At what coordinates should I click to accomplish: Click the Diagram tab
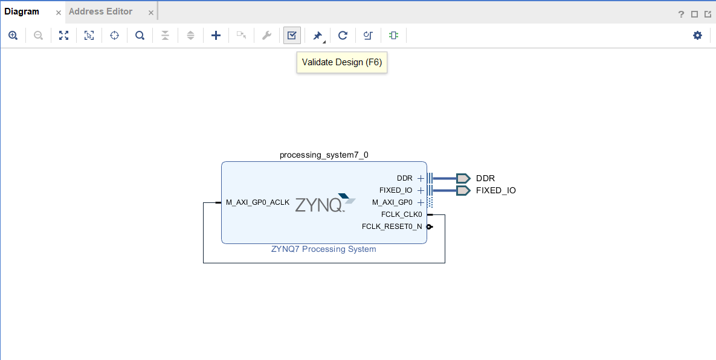(22, 11)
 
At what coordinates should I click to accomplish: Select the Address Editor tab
(100, 11)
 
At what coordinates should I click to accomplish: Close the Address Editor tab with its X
(150, 12)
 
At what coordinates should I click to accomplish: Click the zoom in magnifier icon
(13, 36)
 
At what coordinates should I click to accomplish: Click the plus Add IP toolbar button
(216, 36)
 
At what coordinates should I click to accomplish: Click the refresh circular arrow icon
(343, 36)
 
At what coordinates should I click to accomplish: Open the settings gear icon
(697, 36)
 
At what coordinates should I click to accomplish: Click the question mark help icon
(681, 14)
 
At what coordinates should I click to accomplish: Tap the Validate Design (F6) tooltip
(342, 62)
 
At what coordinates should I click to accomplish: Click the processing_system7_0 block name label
(324, 155)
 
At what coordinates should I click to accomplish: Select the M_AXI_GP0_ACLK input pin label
(257, 202)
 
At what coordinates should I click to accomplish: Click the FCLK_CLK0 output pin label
(401, 214)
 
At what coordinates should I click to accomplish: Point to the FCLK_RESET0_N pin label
(392, 227)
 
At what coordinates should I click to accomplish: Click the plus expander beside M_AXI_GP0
(421, 202)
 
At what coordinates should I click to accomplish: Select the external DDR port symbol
(463, 178)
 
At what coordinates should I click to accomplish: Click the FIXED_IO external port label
(495, 190)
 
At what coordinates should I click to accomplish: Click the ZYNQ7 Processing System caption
(324, 249)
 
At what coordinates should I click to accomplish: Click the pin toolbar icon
(317, 36)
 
